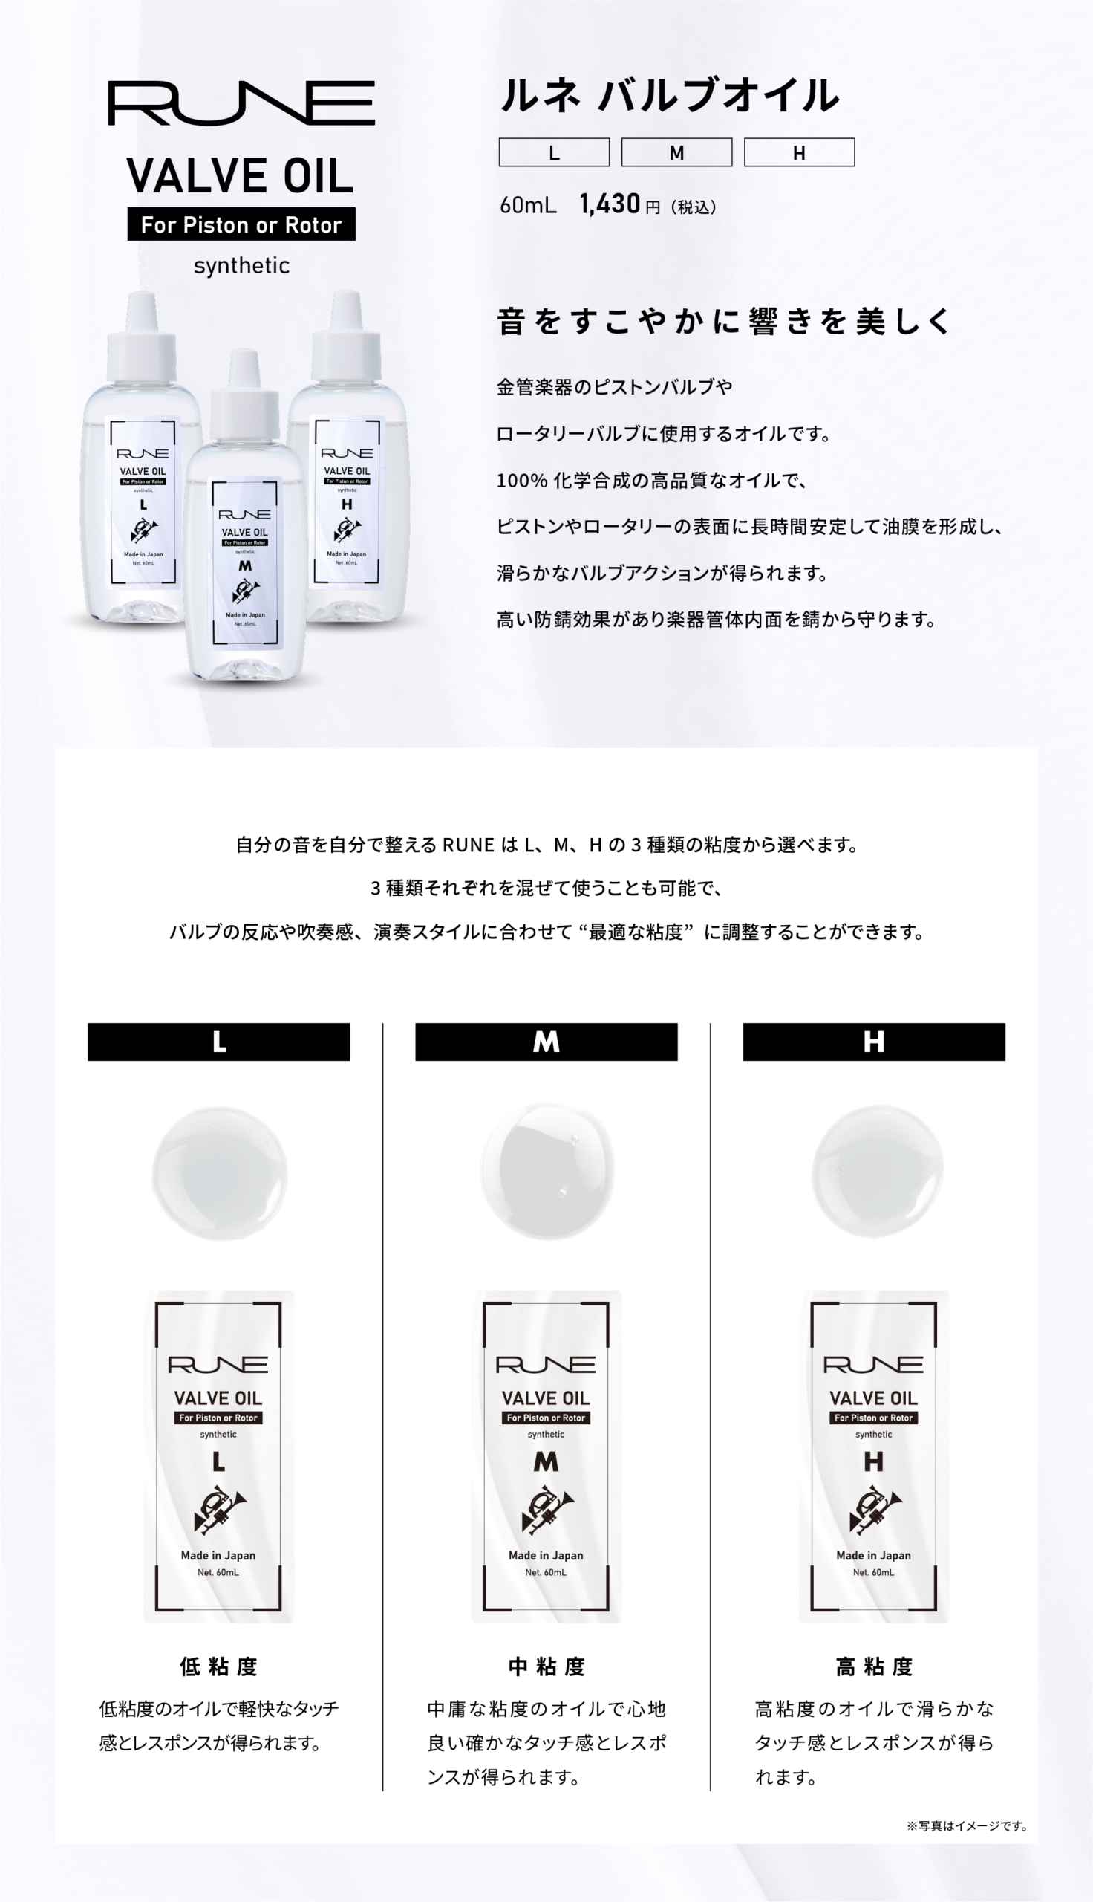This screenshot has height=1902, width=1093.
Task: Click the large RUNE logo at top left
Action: click(x=242, y=103)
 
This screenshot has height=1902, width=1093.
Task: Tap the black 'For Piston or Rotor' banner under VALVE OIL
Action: click(x=242, y=224)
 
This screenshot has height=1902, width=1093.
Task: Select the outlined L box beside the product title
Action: click(x=554, y=152)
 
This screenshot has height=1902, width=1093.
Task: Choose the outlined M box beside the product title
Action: click(x=676, y=152)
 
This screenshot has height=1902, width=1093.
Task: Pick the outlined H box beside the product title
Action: click(x=800, y=152)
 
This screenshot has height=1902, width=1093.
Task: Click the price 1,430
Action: click(x=610, y=204)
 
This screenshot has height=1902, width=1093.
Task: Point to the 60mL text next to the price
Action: click(x=529, y=205)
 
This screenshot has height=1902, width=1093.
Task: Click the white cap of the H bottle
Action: click(x=346, y=338)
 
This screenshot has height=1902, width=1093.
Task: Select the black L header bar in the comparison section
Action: click(x=218, y=1042)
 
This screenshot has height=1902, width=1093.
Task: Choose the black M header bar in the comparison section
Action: click(x=546, y=1042)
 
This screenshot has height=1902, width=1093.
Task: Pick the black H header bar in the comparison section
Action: click(x=874, y=1042)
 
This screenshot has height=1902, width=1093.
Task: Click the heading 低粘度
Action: click(x=218, y=1666)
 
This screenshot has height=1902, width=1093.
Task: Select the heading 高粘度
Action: click(x=874, y=1666)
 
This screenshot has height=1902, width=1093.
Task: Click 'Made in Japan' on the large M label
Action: click(x=546, y=1555)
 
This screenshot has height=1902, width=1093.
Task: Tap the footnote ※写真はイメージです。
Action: click(x=968, y=1825)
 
